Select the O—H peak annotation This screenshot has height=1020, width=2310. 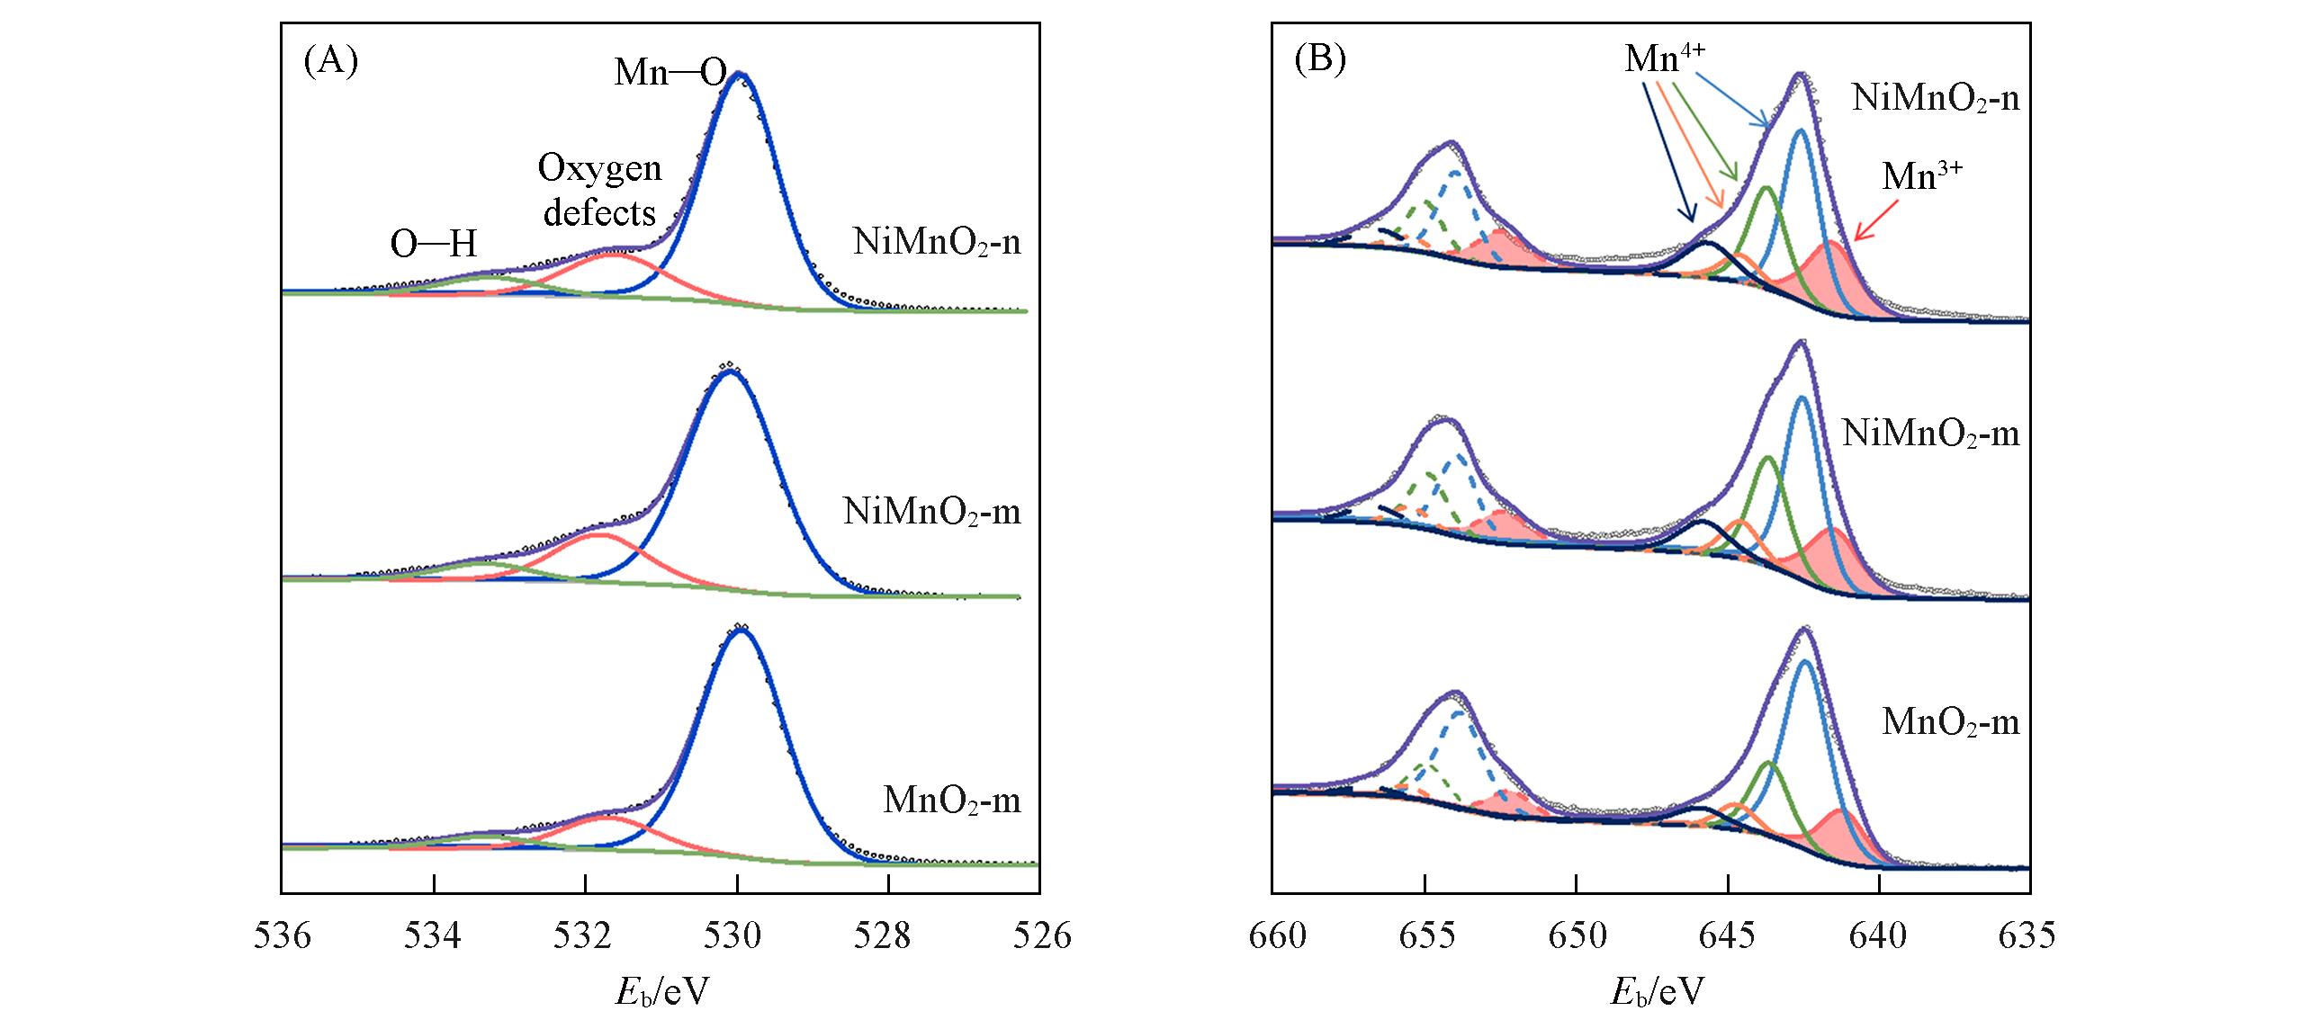433,244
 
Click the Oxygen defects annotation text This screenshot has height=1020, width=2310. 598,191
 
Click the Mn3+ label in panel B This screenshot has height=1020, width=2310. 1921,176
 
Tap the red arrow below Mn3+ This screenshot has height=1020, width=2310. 1874,219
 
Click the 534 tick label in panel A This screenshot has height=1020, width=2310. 434,935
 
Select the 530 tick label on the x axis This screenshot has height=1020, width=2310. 737,935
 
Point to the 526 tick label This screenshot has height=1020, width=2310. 1040,935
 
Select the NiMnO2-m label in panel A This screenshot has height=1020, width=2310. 932,513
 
